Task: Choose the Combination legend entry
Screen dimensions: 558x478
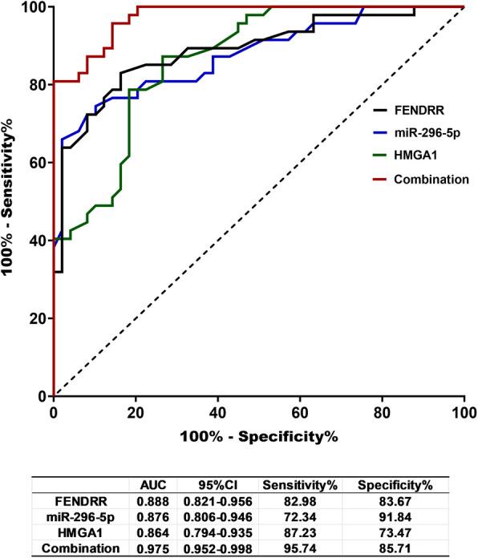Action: click(x=431, y=179)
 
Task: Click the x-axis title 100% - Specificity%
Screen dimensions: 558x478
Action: click(x=259, y=437)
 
